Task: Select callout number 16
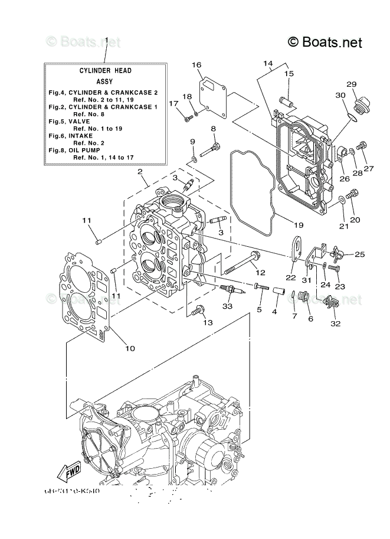click(196, 66)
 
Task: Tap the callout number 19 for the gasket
click(299, 225)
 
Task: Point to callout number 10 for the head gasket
click(130, 348)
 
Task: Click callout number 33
click(228, 306)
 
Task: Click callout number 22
click(290, 277)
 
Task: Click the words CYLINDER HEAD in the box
click(106, 70)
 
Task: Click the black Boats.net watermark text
click(325, 42)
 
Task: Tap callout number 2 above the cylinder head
click(140, 172)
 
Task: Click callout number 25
click(359, 254)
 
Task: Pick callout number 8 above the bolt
click(213, 129)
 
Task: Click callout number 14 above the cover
click(268, 63)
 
